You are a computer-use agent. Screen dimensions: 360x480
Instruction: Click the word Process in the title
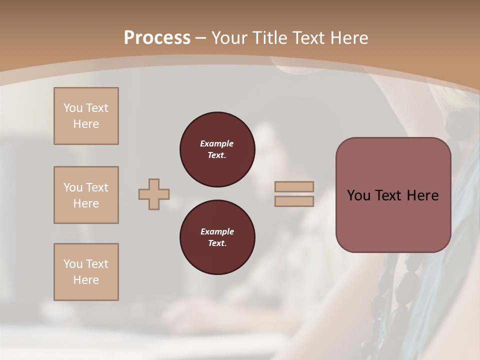click(157, 38)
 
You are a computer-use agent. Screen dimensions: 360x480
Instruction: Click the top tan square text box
click(86, 116)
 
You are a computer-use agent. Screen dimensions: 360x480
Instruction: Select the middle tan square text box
click(86, 195)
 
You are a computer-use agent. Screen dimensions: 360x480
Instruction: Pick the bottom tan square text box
click(86, 272)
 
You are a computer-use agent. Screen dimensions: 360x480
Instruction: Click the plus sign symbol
click(154, 194)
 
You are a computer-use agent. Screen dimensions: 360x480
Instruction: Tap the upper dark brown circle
click(217, 149)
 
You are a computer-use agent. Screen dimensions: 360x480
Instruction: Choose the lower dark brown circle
click(217, 237)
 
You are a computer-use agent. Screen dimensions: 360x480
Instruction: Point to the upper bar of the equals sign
click(294, 186)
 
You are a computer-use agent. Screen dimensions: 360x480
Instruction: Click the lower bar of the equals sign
click(294, 201)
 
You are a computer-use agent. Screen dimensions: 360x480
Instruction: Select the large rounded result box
click(393, 195)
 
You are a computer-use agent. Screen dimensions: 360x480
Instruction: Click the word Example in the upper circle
click(217, 143)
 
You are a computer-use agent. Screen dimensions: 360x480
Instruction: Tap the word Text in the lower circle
click(216, 243)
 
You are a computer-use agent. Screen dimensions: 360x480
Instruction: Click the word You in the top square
click(73, 108)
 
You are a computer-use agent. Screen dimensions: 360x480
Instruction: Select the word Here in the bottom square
click(86, 280)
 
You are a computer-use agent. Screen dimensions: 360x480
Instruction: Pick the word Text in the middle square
click(96, 187)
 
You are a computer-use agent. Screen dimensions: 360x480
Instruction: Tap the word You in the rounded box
click(358, 195)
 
